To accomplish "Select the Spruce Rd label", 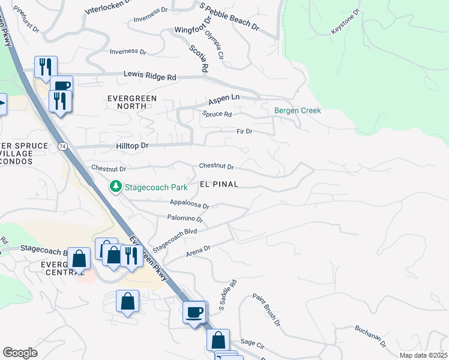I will tap(217, 114).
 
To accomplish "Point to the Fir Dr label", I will tap(244, 131).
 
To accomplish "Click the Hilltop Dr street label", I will tap(127, 146).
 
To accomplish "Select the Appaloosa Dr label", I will tap(189, 205).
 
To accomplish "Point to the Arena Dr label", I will tap(199, 249).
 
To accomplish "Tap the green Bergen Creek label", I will tap(298, 110).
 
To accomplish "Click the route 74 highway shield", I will tap(62, 146).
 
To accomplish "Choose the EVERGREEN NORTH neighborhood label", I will tap(131, 102).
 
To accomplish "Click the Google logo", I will tap(20, 352).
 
